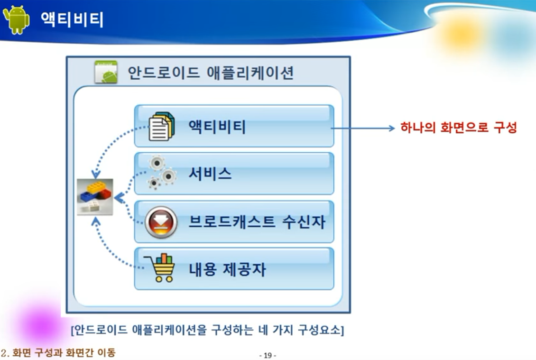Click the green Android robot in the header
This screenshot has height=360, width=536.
(x=16, y=19)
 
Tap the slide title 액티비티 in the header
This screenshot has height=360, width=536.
(x=72, y=20)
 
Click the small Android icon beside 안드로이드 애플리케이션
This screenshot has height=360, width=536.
(x=106, y=72)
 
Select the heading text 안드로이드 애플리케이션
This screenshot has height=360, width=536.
(x=211, y=73)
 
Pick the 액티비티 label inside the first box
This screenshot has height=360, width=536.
(x=217, y=127)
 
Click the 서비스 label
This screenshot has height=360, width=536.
(x=210, y=174)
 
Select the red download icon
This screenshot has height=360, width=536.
(x=161, y=222)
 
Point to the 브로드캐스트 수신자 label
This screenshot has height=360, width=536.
(x=257, y=222)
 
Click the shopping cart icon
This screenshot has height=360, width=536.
(x=160, y=268)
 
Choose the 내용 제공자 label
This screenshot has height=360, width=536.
(x=227, y=269)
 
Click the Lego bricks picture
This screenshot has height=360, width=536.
(x=95, y=197)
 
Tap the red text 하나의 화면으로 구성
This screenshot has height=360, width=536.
(x=458, y=128)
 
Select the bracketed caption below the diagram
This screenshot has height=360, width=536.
(x=207, y=330)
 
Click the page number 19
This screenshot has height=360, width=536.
(x=268, y=355)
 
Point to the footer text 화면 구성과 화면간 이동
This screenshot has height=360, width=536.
(x=64, y=353)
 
